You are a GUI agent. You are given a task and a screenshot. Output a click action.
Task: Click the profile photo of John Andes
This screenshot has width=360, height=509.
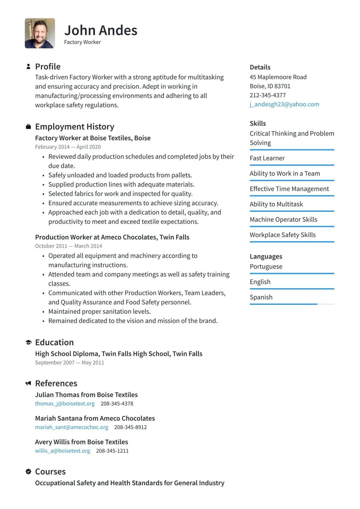(40, 33)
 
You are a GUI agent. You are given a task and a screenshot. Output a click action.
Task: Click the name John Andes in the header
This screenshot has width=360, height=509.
(101, 30)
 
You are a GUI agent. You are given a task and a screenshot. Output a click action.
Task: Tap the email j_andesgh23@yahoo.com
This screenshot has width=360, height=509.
(284, 104)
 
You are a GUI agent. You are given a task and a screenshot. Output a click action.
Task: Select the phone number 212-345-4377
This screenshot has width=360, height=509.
(267, 95)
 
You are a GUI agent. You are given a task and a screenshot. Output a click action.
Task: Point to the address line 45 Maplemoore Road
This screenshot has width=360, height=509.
(278, 77)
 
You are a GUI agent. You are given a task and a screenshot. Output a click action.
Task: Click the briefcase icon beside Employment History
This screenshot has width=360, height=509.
(28, 126)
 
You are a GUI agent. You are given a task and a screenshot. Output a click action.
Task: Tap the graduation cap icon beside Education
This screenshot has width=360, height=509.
(28, 343)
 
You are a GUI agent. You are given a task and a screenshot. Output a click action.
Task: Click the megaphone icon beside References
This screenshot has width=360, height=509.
(28, 383)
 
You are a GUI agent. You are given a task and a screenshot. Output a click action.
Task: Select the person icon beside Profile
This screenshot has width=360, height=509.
(28, 66)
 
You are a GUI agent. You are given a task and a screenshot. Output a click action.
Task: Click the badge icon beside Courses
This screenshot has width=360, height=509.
(28, 472)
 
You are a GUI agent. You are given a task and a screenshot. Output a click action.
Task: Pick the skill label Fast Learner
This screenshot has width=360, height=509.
(267, 158)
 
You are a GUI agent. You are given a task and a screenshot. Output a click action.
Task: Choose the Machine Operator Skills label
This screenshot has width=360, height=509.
(283, 220)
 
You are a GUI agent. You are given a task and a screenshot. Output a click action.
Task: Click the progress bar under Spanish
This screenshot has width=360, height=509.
(291, 304)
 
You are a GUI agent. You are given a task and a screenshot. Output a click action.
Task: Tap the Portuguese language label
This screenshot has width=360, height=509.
(266, 267)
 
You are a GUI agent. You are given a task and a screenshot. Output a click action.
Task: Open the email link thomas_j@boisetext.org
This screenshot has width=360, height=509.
(65, 404)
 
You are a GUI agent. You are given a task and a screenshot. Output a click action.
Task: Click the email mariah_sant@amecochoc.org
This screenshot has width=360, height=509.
(72, 427)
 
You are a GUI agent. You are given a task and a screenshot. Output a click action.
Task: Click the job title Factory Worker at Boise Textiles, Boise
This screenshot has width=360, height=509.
(93, 138)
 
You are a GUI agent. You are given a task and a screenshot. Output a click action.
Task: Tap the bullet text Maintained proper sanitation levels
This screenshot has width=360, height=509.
(99, 311)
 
